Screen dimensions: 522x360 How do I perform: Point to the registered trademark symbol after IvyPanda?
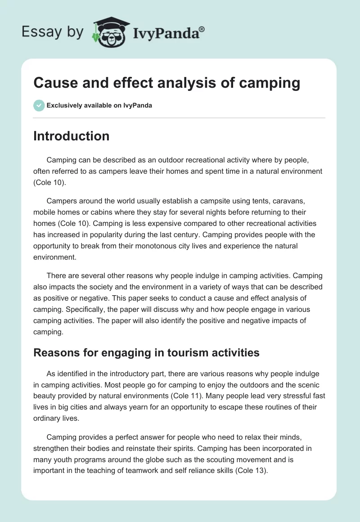click(202, 28)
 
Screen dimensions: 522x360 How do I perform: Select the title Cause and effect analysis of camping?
click(166, 83)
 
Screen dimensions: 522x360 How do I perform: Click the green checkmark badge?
click(39, 106)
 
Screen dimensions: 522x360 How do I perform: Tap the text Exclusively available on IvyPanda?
click(99, 106)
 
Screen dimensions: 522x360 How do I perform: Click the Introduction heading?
click(71, 136)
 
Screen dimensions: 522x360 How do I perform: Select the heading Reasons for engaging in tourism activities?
click(146, 352)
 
